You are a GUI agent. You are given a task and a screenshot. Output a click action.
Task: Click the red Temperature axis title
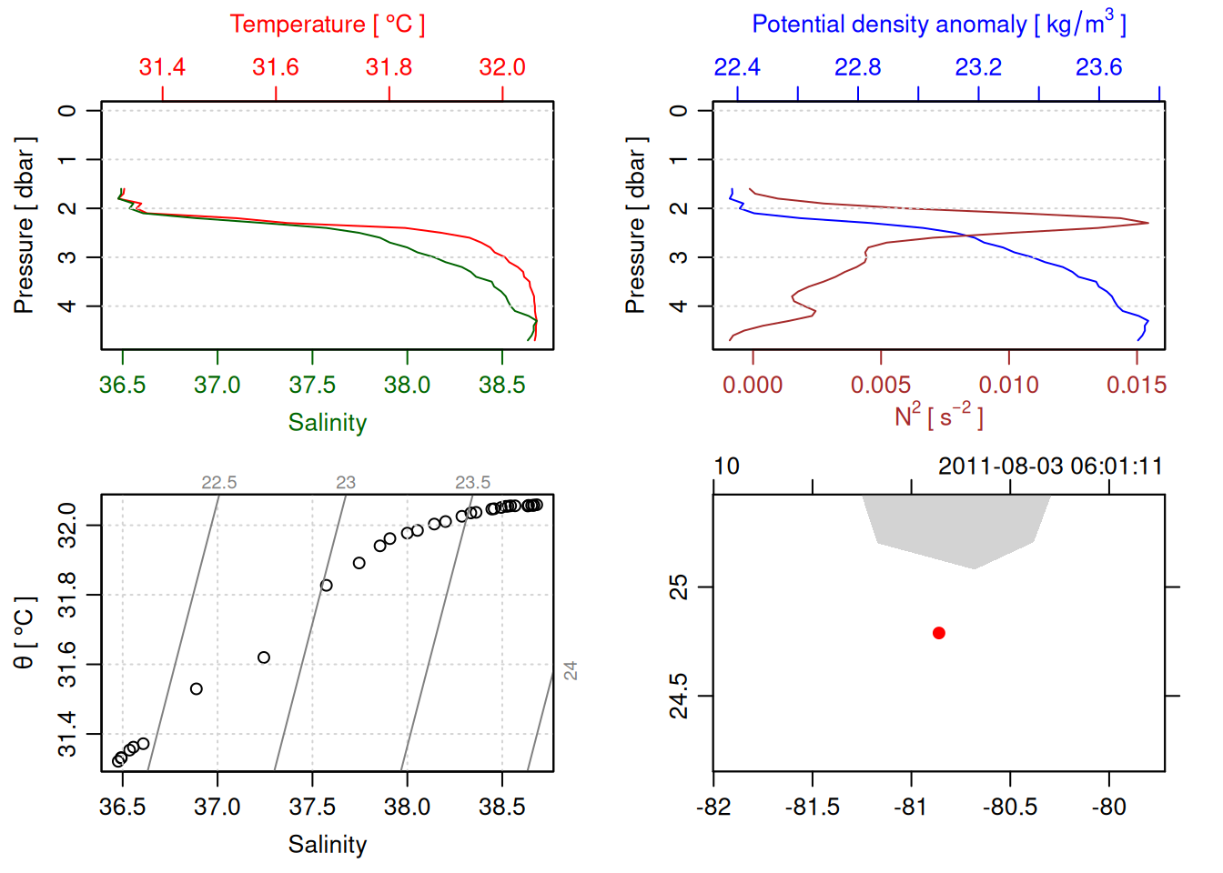pos(327,25)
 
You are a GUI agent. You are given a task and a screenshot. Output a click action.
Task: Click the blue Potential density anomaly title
pos(938,25)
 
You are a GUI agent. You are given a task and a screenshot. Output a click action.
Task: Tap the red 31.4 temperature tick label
pos(162,67)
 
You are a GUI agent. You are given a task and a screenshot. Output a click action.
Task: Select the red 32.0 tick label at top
pos(502,67)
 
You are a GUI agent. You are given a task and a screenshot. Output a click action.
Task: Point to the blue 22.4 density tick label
pos(737,67)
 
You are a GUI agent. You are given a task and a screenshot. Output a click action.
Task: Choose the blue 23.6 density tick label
pos(1098,67)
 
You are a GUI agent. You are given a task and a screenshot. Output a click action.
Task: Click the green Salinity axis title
pos(327,423)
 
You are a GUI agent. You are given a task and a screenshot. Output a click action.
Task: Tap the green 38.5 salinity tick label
pos(501,385)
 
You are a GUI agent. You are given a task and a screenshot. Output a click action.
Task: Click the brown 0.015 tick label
pos(1136,385)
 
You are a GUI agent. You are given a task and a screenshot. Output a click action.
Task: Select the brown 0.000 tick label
pos(753,385)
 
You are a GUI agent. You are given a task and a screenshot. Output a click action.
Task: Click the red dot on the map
pos(939,633)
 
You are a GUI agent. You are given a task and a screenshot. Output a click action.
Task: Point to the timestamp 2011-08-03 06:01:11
pos(1050,467)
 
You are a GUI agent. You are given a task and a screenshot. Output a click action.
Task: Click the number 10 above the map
pos(726,467)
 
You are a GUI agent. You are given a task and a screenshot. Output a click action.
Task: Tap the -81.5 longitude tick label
pos(812,807)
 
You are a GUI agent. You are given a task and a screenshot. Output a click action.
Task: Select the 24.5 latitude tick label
pos(679,696)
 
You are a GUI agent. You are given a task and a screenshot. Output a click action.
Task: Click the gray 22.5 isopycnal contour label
pos(218,483)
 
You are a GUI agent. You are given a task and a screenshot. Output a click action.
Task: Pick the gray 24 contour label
pos(571,671)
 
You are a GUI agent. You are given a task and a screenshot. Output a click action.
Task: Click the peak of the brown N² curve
pos(1147,223)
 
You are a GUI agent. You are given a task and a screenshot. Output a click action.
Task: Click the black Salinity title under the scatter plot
pos(327,845)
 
